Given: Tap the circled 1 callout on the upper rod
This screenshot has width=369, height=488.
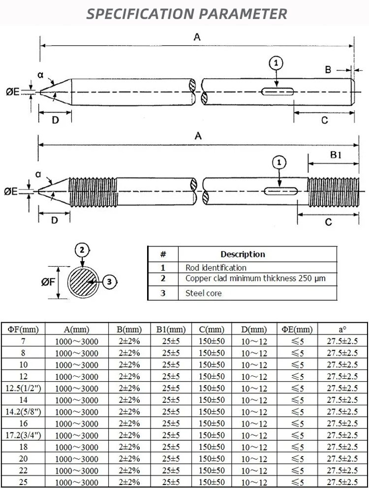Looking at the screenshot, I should pyautogui.click(x=277, y=63).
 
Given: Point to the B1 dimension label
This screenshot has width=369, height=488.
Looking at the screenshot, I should pyautogui.click(x=336, y=155).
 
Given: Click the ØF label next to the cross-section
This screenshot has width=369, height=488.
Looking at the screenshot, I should pyautogui.click(x=48, y=282).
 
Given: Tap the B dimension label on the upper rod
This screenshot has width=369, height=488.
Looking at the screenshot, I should pyautogui.click(x=328, y=69).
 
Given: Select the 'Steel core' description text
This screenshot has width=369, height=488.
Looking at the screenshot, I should pyautogui.click(x=203, y=293).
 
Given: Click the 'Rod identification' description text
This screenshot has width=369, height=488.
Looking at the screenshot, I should pyautogui.click(x=215, y=268).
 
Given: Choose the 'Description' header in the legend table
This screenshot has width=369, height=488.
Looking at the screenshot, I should pyautogui.click(x=243, y=254).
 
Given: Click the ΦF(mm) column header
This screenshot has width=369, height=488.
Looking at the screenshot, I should pyautogui.click(x=23, y=329).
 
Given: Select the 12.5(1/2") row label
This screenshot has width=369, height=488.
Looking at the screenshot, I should pyautogui.click(x=23, y=388).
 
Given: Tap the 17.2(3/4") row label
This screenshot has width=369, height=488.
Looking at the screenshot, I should pyautogui.click(x=23, y=435).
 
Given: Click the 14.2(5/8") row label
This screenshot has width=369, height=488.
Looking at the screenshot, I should pyautogui.click(x=23, y=412).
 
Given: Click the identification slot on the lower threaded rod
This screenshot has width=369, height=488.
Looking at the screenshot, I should pyautogui.click(x=278, y=191).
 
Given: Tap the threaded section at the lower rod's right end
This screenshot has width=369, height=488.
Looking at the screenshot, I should pyautogui.click(x=333, y=191).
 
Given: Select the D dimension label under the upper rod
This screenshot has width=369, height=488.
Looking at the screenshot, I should pyautogui.click(x=55, y=120).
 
